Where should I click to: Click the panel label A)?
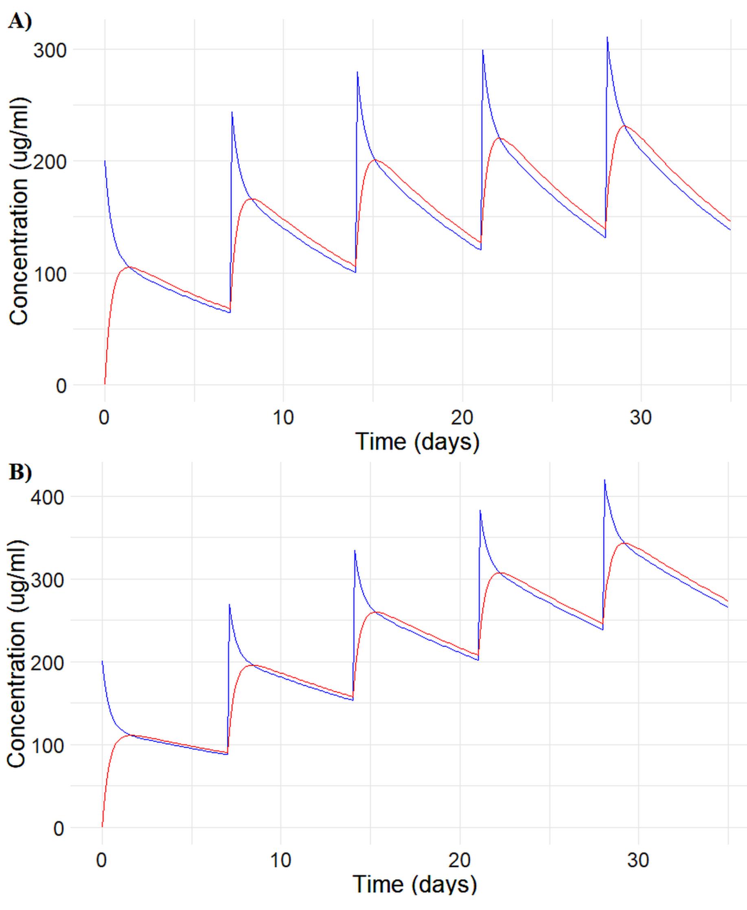(20, 22)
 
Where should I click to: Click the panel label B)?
(20, 472)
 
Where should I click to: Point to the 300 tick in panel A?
(50, 51)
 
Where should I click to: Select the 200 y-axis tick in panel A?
(50, 162)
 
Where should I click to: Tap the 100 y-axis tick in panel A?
(50, 274)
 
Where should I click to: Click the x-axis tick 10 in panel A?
(283, 417)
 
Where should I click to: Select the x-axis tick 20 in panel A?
(462, 417)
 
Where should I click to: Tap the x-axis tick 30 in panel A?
(641, 417)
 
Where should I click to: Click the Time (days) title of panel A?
(417, 442)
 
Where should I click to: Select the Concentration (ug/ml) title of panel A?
(20, 211)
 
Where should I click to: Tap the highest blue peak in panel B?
(605, 480)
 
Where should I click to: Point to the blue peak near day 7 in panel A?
(232, 112)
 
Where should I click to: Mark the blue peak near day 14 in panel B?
(355, 551)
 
